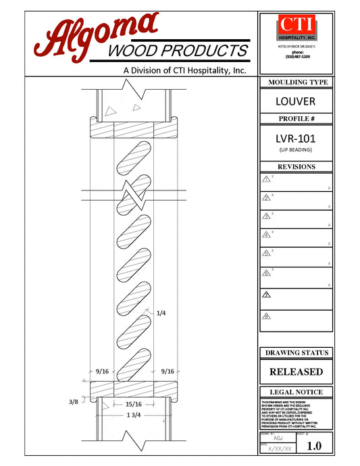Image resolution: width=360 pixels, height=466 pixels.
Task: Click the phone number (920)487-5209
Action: (297, 57)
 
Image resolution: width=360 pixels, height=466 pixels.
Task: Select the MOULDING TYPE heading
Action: (297, 82)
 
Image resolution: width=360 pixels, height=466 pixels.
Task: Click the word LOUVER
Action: (297, 102)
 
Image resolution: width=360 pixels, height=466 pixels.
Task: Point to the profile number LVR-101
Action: (297, 139)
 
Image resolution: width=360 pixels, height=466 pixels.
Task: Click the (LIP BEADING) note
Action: (297, 150)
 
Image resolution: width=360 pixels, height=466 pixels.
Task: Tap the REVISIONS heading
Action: (297, 167)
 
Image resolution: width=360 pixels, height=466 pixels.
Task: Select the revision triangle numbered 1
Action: (266, 179)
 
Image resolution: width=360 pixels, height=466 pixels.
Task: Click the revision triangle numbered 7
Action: (266, 295)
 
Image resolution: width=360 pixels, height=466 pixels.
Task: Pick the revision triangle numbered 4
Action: (266, 235)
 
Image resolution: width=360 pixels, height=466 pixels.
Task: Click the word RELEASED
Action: (297, 371)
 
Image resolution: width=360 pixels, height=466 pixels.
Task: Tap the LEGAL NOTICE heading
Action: (297, 392)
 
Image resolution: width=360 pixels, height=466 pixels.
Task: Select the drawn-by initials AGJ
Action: (278, 438)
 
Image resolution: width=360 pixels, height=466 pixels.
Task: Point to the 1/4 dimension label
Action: (161, 313)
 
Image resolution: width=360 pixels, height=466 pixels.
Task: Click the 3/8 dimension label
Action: (74, 402)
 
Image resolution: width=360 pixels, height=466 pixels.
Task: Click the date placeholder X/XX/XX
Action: (280, 448)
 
